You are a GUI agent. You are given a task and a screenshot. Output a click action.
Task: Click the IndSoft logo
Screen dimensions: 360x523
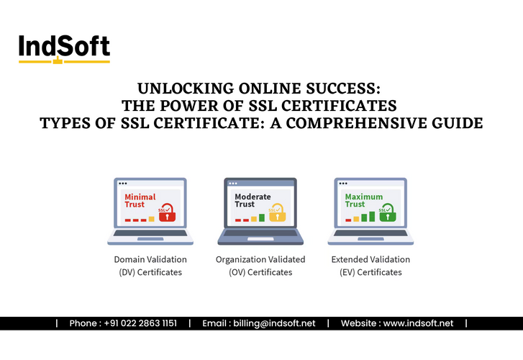pos(64,48)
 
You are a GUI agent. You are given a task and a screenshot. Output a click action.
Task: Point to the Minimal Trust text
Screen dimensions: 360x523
pos(140,200)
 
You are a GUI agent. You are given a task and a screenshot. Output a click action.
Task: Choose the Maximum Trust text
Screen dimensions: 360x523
pos(364,200)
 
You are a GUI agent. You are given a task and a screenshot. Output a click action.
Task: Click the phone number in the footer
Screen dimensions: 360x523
pos(123,324)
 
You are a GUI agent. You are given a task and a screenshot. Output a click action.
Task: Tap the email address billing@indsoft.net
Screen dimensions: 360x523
pos(259,324)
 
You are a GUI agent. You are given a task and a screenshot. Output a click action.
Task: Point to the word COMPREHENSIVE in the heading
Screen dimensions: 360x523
pos(359,123)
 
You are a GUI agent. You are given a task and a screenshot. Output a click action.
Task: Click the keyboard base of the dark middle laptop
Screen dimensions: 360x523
pos(260,236)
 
